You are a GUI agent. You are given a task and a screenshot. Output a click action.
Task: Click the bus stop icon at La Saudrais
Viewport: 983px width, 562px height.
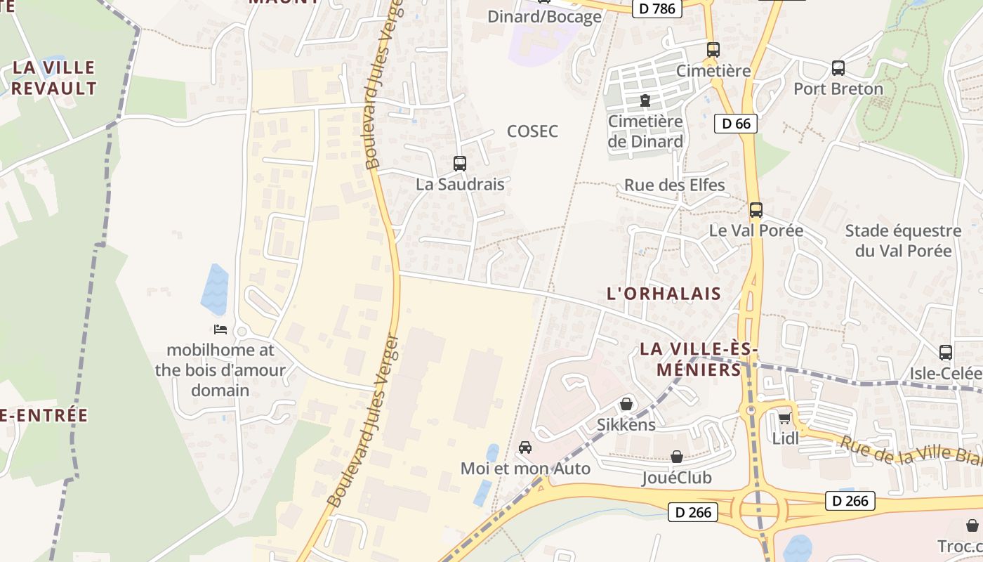(460, 164)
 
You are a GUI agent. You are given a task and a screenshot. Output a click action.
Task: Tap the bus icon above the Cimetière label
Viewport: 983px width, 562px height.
(713, 50)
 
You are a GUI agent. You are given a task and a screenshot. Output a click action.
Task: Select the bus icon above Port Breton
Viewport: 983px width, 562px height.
(838, 68)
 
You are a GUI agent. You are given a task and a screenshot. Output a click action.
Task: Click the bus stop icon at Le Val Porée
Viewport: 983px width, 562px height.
(756, 210)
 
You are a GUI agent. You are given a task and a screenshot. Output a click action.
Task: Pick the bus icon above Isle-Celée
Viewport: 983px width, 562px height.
(946, 353)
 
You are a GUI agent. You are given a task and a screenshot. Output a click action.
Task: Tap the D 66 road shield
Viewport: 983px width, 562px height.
(736, 124)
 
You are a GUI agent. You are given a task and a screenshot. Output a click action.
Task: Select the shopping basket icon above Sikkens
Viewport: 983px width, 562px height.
(626, 405)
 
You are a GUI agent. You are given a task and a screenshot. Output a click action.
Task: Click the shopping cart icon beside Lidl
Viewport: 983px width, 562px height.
(784, 419)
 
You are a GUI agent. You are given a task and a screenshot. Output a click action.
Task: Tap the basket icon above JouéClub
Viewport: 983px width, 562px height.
(677, 457)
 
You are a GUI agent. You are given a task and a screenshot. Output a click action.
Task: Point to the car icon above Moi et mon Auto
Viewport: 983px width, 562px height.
(525, 447)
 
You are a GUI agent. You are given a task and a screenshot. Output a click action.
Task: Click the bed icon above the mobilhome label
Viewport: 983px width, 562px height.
(220, 329)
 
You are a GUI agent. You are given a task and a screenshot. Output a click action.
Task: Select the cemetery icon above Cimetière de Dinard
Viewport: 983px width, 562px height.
(645, 101)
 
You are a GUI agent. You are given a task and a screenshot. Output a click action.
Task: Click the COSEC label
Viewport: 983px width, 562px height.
(532, 131)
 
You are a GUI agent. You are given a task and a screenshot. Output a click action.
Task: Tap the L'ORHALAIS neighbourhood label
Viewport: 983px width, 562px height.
(664, 294)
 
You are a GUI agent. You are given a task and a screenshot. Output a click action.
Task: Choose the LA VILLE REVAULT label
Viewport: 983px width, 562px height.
(53, 78)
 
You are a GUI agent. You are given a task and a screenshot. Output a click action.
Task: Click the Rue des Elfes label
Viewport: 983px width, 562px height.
(675, 186)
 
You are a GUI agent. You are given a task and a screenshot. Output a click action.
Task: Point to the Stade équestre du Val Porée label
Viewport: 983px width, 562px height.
(903, 241)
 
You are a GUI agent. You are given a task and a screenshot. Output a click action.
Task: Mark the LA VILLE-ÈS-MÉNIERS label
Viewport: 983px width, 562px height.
(699, 359)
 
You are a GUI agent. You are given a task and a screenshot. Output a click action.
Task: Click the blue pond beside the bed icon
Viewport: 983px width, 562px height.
(216, 289)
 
